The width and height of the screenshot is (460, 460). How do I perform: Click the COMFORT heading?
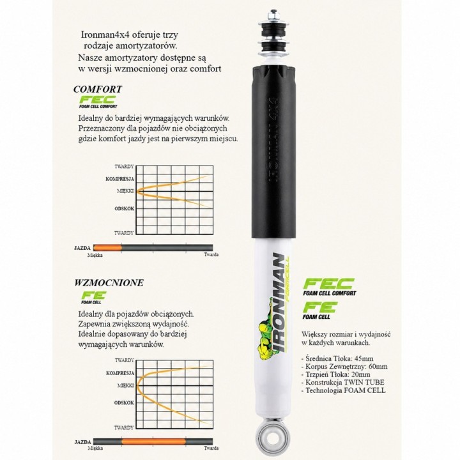pyautogui.click(x=98, y=89)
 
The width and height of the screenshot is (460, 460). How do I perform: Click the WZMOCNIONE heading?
pyautogui.click(x=109, y=283)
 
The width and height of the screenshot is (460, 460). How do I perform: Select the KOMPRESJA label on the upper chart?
pyautogui.click(x=119, y=179)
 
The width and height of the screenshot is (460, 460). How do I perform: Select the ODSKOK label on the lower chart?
pyautogui.click(x=124, y=402)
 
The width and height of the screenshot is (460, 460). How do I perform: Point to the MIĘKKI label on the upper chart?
pyautogui.click(x=125, y=191)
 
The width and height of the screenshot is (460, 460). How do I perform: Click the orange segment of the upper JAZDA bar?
pyautogui.click(x=107, y=248)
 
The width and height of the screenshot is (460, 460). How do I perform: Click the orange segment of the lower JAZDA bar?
pyautogui.click(x=153, y=441)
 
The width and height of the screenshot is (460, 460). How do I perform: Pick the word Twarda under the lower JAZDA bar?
pyautogui.click(x=211, y=448)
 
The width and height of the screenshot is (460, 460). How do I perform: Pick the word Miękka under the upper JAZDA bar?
pyautogui.click(x=95, y=255)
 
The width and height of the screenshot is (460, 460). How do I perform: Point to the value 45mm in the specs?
pyautogui.click(x=364, y=358)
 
